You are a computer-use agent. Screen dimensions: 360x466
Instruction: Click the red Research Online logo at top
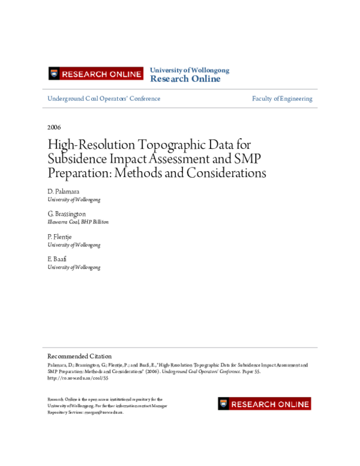tap(96, 74)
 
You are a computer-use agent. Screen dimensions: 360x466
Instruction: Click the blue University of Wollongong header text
tap(189, 70)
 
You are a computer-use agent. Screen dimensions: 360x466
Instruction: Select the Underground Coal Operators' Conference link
tap(104, 98)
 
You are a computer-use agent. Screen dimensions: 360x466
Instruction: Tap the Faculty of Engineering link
tap(282, 98)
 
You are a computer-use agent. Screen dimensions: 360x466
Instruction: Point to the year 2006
tap(54, 127)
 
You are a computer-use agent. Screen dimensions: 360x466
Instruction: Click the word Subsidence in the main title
tap(77, 159)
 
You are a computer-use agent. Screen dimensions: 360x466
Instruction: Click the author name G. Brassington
tap(67, 214)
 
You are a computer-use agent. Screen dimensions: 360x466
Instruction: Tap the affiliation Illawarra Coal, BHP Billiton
tap(78, 222)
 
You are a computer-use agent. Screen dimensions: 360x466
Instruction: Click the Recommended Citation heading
tap(79, 356)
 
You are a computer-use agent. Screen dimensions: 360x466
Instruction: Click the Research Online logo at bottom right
tap(265, 404)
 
